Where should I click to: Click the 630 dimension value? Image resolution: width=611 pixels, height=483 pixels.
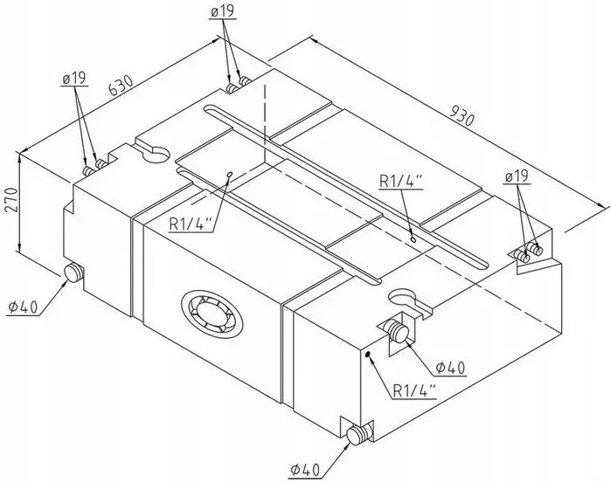120,86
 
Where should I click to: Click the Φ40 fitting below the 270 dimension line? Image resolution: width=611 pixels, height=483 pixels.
73,273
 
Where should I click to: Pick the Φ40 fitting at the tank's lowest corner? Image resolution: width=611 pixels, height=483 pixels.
358,435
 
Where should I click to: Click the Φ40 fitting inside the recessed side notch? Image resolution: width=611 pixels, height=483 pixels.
398,332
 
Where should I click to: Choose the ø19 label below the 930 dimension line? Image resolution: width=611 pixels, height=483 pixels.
517,176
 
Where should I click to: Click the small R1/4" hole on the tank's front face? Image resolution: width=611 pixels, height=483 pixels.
369,354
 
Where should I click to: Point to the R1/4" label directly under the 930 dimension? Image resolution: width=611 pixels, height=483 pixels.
401,182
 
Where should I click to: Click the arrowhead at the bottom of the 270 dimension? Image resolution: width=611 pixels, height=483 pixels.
20,270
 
